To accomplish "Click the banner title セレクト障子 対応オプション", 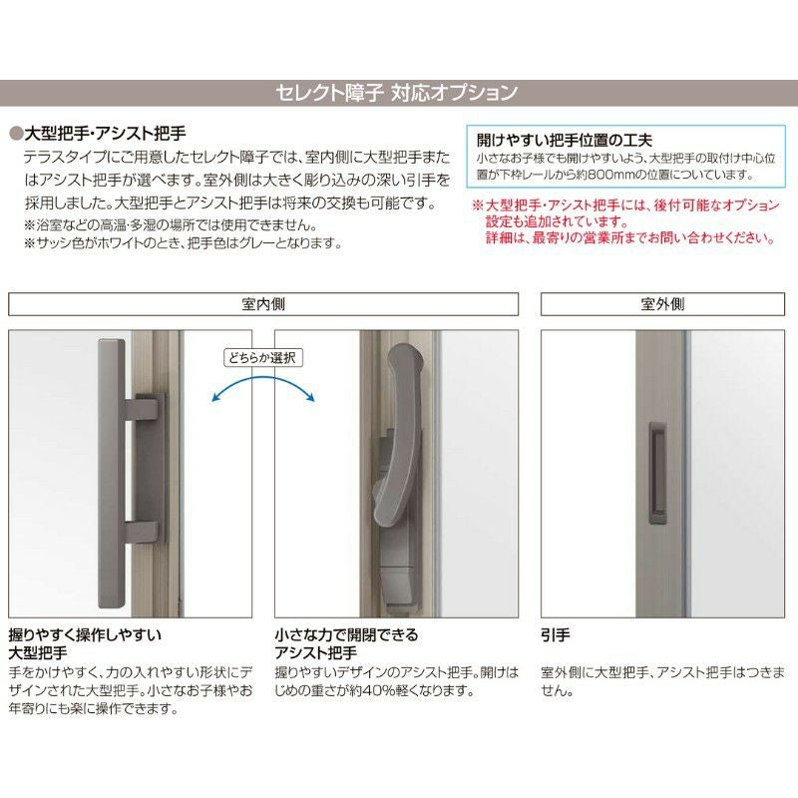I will pos(396,94).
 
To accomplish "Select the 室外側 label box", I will pos(662,303).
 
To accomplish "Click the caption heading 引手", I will pos(556,634).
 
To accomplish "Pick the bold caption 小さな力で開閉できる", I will pos(346,634).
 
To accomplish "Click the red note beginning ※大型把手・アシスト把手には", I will pos(624,206).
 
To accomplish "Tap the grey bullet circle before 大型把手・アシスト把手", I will pos(15,133).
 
